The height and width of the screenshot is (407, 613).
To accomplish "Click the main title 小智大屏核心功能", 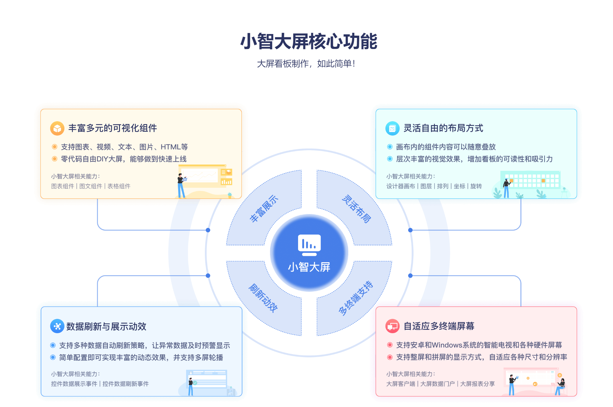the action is pos(309,41).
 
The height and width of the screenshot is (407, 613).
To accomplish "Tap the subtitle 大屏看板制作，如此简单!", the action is pos(306,64).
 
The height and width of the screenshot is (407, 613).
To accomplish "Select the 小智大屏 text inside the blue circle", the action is pos(309,267).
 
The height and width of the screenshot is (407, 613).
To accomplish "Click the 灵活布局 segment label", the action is pos(356,209).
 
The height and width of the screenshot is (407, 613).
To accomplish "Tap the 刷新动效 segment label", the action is pos(263,298).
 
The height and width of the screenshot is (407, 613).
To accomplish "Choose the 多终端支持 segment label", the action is pos(356,298).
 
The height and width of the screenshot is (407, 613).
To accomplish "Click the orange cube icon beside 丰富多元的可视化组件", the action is pos(57,128).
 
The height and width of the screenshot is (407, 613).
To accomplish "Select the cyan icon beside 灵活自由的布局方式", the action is pos(392,128).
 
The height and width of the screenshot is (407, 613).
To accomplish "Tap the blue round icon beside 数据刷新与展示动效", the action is pos(57,326).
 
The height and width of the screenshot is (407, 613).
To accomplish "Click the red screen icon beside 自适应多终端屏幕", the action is pos(392,326).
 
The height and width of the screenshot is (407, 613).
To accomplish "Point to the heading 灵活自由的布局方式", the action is pos(443,128).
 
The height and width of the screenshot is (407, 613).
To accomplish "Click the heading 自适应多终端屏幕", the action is pos(439,326).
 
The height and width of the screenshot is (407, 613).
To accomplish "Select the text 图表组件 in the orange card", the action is pos(63,186).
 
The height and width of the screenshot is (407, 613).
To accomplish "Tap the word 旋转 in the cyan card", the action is pos(476,186).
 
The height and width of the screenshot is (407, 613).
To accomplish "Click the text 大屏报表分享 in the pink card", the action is pos(477,384).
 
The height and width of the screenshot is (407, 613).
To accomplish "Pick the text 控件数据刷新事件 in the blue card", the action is pos(126,384).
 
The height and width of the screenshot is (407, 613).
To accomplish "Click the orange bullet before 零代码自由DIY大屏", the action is pos(55,159).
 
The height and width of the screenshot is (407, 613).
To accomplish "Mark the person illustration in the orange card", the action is pos(181,186).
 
